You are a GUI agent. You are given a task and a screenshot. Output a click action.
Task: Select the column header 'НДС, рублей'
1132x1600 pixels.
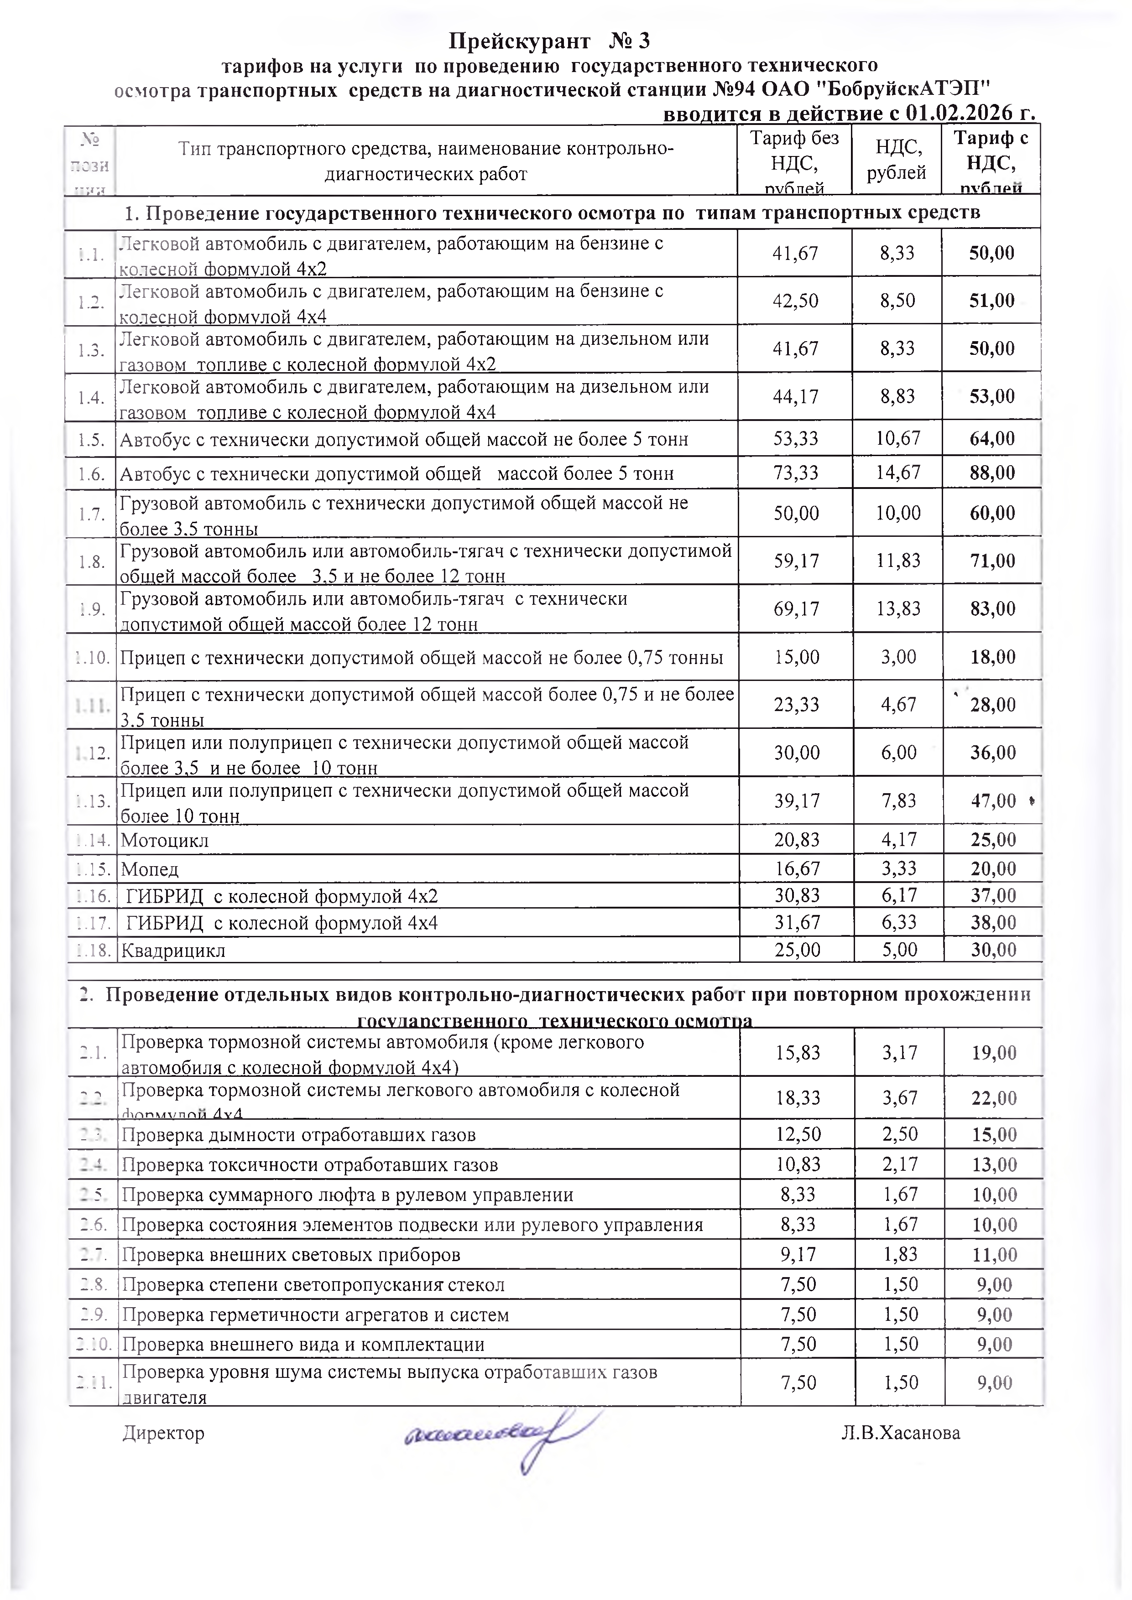click(x=897, y=160)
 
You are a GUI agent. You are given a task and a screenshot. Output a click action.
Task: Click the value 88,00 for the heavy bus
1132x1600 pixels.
click(x=992, y=473)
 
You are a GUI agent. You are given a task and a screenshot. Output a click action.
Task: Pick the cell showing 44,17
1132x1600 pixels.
click(x=795, y=396)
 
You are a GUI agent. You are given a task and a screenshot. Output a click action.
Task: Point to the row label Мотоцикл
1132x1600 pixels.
click(x=165, y=841)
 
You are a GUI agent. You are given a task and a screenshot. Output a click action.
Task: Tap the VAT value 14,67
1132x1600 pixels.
click(x=898, y=473)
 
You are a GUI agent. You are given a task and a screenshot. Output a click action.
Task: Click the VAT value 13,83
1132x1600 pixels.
click(x=898, y=608)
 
